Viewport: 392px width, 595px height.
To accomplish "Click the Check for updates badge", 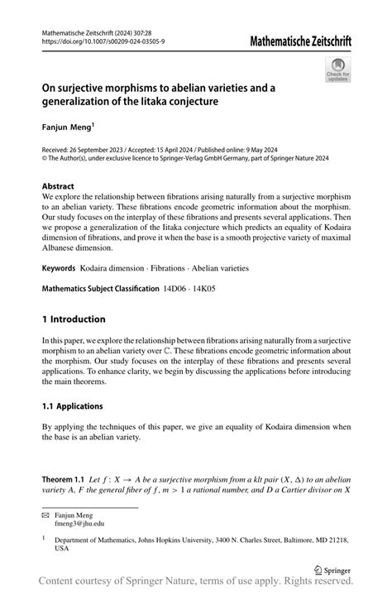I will tap(337, 70).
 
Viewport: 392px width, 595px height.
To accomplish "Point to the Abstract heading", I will tap(60, 186).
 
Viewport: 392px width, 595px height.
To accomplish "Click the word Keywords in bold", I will tap(59, 268).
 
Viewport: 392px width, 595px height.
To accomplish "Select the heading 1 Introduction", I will tap(74, 319).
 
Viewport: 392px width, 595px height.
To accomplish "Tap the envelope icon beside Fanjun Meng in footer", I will tap(45, 515).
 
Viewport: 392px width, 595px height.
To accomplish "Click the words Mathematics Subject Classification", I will tap(100, 289).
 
